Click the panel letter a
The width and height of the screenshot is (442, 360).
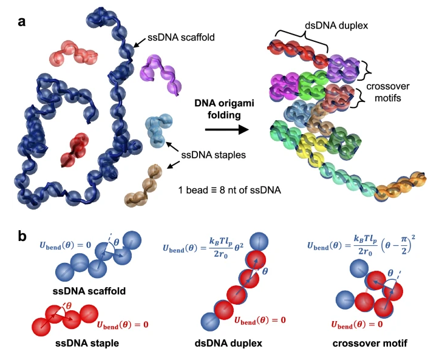21,22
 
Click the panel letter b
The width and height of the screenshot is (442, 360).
22,236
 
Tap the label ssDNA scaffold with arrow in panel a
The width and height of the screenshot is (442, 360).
181,37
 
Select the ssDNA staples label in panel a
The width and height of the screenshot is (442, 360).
213,155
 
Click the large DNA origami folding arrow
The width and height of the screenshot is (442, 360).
227,130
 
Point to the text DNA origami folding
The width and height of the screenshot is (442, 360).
225,109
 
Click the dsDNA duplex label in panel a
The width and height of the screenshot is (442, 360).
336,25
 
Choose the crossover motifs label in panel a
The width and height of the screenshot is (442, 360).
388,92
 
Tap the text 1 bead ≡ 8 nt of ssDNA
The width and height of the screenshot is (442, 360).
229,190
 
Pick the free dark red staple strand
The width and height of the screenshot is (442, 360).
75,150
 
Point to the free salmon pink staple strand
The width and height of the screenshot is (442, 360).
73,53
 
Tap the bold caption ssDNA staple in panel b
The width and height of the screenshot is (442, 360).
87,343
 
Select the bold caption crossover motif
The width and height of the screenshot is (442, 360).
370,343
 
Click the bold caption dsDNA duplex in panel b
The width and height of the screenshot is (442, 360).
229,343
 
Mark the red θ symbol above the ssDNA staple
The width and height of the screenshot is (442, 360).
69,305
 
